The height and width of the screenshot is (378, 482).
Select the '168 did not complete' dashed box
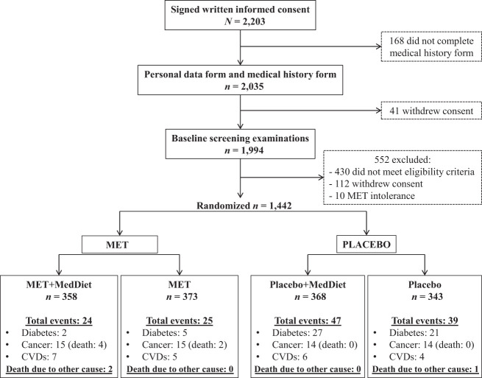tap(431, 46)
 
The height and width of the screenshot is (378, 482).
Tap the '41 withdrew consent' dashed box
tap(431, 111)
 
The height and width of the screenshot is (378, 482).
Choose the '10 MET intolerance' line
tap(372, 196)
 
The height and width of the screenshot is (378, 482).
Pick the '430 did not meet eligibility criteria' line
tap(402, 172)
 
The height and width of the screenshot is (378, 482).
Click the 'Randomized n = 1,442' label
tap(244, 206)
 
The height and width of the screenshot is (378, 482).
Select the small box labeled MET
tap(119, 245)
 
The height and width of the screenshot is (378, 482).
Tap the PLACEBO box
tap(366, 245)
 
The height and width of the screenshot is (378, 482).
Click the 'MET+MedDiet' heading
tap(59, 284)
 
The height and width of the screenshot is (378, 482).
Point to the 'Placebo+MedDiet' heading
tap(308, 284)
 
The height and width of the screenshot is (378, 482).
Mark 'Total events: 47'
tap(308, 321)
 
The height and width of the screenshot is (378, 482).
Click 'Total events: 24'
tap(59, 321)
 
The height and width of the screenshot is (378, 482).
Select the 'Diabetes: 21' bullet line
tap(414, 333)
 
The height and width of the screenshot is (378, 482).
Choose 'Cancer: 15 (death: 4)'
tap(64, 345)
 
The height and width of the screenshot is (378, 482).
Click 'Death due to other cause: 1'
tap(425, 369)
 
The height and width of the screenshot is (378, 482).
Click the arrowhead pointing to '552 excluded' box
tap(322, 178)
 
